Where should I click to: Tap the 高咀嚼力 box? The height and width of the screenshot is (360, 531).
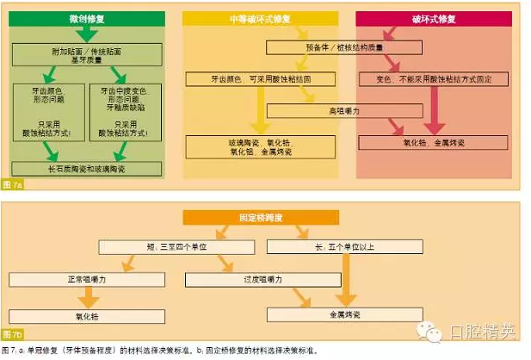coord(344,111)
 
